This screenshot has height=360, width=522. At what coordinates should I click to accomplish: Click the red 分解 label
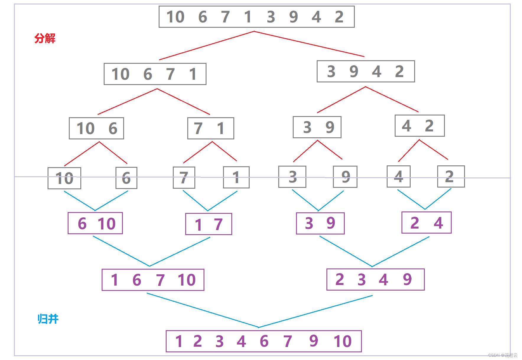point(45,38)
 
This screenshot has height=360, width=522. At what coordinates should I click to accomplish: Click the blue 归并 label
point(48,319)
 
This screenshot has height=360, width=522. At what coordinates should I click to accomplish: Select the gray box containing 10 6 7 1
point(155,74)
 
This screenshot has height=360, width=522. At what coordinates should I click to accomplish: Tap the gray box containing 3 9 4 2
point(365,71)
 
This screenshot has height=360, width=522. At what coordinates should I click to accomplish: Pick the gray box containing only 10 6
point(96,128)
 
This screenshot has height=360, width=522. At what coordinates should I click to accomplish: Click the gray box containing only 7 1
point(210,128)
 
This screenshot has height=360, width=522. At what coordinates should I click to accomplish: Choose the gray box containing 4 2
point(419,126)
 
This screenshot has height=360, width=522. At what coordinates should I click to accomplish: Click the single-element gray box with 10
point(64,178)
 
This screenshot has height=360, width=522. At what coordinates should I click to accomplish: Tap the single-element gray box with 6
point(126,178)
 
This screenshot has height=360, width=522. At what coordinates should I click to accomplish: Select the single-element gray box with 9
point(345,177)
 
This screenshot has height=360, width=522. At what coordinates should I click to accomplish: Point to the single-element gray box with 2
point(451,177)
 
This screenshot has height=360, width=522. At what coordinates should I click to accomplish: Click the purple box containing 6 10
point(95,223)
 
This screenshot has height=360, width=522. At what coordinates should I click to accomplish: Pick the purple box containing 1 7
point(209,224)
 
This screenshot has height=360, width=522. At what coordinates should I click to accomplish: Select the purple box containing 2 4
point(426,223)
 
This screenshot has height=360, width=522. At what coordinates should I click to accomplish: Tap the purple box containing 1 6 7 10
point(153,280)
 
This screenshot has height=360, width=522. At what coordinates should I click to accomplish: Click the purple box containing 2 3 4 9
point(375,279)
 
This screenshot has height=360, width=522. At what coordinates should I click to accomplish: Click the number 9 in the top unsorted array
point(293,17)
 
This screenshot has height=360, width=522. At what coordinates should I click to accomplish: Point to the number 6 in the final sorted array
point(264,341)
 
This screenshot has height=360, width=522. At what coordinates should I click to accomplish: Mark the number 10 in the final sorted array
point(342,341)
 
